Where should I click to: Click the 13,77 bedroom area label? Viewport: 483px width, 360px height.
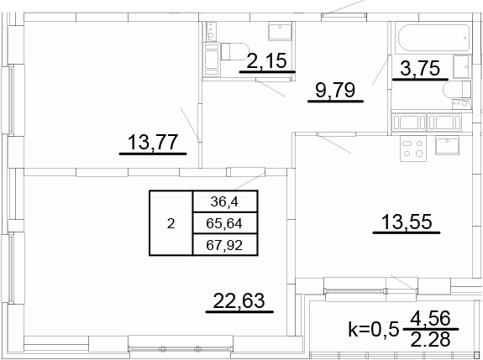point(153,142)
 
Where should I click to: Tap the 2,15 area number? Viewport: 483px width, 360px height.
point(267,60)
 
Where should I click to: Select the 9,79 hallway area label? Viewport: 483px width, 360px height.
point(335,90)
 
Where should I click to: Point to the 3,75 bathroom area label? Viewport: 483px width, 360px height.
point(420,68)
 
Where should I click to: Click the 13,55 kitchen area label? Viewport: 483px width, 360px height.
point(407,222)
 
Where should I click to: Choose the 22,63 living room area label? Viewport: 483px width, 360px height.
point(239,300)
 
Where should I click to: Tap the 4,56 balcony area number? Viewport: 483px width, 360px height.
point(431,319)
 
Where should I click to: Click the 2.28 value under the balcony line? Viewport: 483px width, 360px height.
point(431,339)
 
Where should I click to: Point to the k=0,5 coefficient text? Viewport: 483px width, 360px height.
point(374,329)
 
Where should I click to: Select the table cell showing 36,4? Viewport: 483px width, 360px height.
point(225,201)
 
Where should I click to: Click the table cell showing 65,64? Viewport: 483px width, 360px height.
point(225,223)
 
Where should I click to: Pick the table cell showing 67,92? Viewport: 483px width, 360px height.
point(225,245)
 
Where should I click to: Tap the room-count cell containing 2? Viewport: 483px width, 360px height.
point(171,223)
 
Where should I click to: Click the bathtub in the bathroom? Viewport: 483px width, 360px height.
point(434,38)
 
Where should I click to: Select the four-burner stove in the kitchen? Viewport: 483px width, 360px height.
point(413,149)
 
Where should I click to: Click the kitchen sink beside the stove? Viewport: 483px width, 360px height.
point(447,146)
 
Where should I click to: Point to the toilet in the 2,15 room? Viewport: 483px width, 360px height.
point(234,51)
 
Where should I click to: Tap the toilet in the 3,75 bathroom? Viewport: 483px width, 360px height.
point(457,90)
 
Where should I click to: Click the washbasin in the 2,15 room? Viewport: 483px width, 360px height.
point(280,31)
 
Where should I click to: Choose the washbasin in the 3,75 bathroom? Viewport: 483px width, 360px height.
point(462,66)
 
